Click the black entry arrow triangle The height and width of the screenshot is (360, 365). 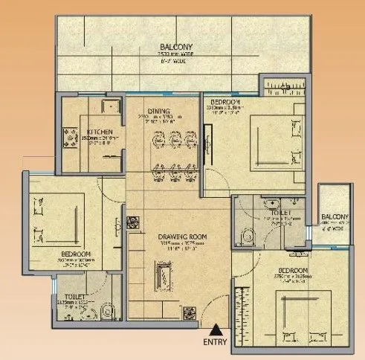(x=216, y=327)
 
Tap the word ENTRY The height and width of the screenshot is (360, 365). (x=216, y=343)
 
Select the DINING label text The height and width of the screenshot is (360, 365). (x=158, y=112)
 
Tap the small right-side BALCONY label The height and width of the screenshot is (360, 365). (x=335, y=216)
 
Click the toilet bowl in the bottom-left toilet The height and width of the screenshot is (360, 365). (x=106, y=309)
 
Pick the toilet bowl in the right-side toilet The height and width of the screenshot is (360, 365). (x=246, y=234)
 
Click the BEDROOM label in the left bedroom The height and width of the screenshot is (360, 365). (x=77, y=254)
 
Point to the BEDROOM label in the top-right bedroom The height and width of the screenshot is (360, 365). (x=225, y=100)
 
